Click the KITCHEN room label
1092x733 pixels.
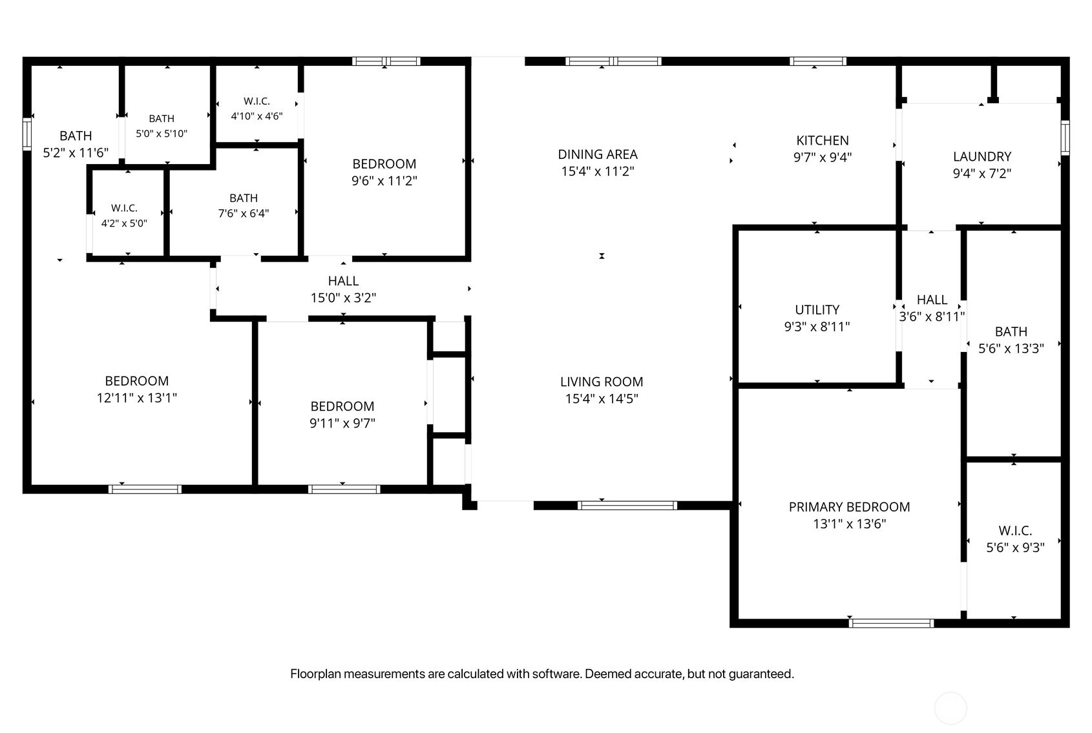[x=823, y=141]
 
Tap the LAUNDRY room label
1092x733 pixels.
[x=982, y=157]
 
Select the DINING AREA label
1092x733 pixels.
[x=598, y=154]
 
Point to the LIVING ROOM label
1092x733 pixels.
[x=602, y=382]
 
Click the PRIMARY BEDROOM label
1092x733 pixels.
[x=849, y=507]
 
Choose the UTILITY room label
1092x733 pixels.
[x=817, y=310]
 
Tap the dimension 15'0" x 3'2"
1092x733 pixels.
[x=343, y=298]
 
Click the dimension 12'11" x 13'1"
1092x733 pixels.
[x=136, y=398]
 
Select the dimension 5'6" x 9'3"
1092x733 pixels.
[x=1016, y=548]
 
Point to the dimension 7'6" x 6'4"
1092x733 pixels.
[x=243, y=214]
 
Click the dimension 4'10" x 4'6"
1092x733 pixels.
[x=257, y=116]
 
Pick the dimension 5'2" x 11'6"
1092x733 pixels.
[x=76, y=153]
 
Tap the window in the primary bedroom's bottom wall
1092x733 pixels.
[x=891, y=623]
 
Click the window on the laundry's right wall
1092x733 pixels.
[x=1066, y=138]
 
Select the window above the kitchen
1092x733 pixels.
[x=818, y=61]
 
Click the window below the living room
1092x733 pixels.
[x=627, y=506]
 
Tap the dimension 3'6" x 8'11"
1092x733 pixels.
[x=932, y=317]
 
